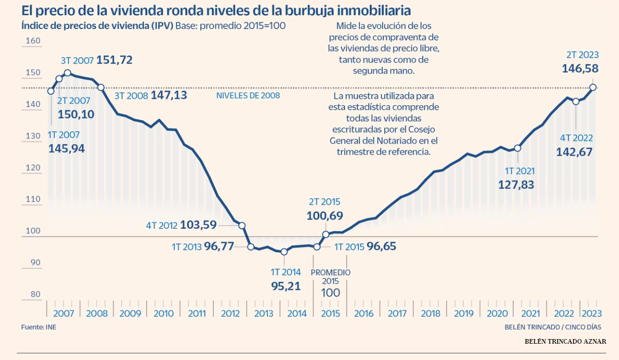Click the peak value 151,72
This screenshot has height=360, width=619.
pyautogui.click(x=114, y=60)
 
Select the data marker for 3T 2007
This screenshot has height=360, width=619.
pyautogui.click(x=67, y=73)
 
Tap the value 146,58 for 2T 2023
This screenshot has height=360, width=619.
pyautogui.click(x=580, y=68)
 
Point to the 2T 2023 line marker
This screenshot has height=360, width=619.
pyautogui.click(x=593, y=87)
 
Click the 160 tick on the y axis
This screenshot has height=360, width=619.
pyautogui.click(x=33, y=41)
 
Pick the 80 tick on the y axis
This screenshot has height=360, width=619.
pyautogui.click(x=35, y=294)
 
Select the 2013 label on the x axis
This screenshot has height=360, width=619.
pyautogui.click(x=264, y=314)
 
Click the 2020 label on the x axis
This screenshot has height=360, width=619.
pyautogui.click(x=497, y=314)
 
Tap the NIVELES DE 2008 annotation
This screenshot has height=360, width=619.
pyautogui.click(x=248, y=95)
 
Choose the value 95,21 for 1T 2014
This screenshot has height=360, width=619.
pyautogui.click(x=286, y=286)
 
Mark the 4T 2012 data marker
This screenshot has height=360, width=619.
pyautogui.click(x=242, y=226)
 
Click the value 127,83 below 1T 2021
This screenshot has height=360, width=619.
pyautogui.click(x=516, y=185)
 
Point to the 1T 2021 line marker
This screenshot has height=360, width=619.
pyautogui.click(x=517, y=148)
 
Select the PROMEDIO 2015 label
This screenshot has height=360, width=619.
pyautogui.click(x=331, y=277)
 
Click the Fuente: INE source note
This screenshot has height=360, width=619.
pyautogui.click(x=39, y=327)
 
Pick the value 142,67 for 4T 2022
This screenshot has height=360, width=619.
pyautogui.click(x=575, y=152)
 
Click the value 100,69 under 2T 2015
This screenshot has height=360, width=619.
pyautogui.click(x=324, y=215)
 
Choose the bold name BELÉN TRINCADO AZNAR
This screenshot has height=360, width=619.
pyautogui.click(x=565, y=341)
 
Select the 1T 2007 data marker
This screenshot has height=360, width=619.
pyautogui.click(x=51, y=91)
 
